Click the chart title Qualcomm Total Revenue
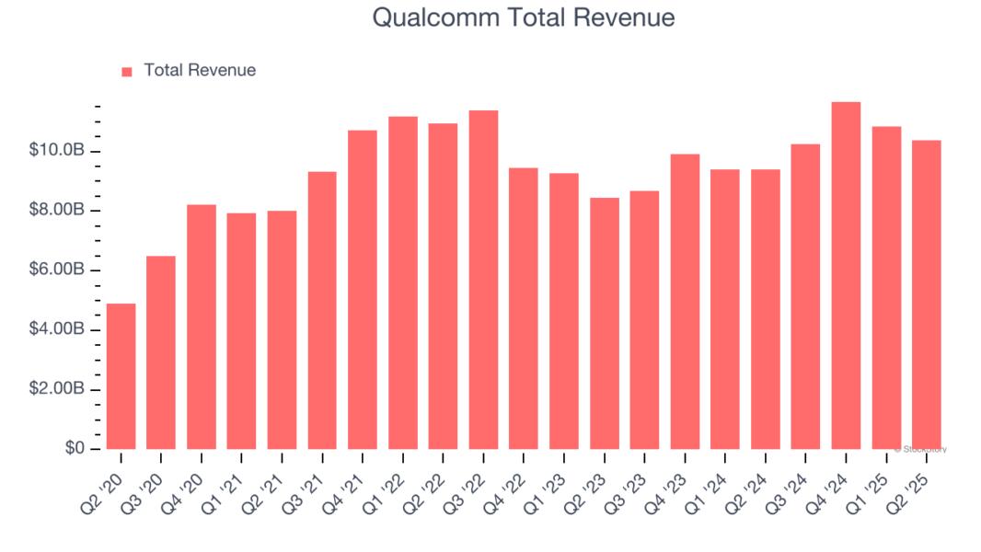pyautogui.click(x=524, y=17)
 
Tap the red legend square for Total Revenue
pyautogui.click(x=127, y=71)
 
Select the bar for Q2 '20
pyautogui.click(x=121, y=376)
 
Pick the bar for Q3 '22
pyautogui.click(x=483, y=280)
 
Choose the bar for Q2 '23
pyautogui.click(x=605, y=323)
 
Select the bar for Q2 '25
pyautogui.click(x=926, y=294)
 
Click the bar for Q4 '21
pyautogui.click(x=363, y=290)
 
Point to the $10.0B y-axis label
pyautogui.click(x=58, y=151)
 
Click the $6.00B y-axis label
pyautogui.click(x=58, y=270)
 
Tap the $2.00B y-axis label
pyautogui.click(x=58, y=389)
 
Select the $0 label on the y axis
pyautogui.click(x=75, y=448)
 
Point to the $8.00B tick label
pyautogui.click(x=58, y=211)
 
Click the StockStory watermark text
pyautogui.click(x=920, y=450)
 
